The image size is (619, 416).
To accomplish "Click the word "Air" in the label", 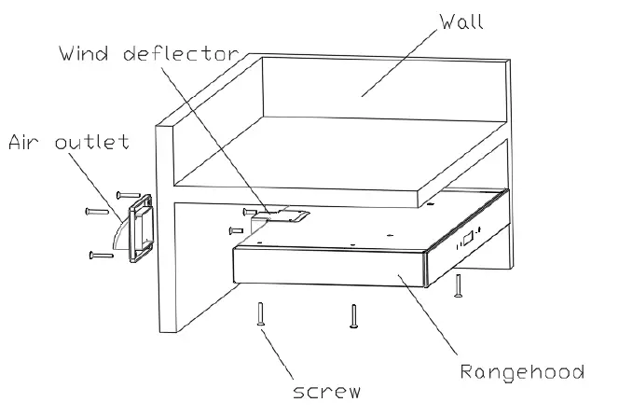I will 27,143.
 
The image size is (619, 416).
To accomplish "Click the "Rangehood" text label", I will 522,372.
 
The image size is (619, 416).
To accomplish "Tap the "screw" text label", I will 326,392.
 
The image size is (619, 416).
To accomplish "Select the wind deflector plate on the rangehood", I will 285,216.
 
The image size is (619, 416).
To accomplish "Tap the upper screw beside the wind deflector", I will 249,211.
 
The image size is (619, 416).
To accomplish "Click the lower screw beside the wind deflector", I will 236,229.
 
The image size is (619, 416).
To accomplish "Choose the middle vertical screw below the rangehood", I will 352,317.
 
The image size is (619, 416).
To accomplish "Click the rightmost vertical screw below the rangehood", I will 458,286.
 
